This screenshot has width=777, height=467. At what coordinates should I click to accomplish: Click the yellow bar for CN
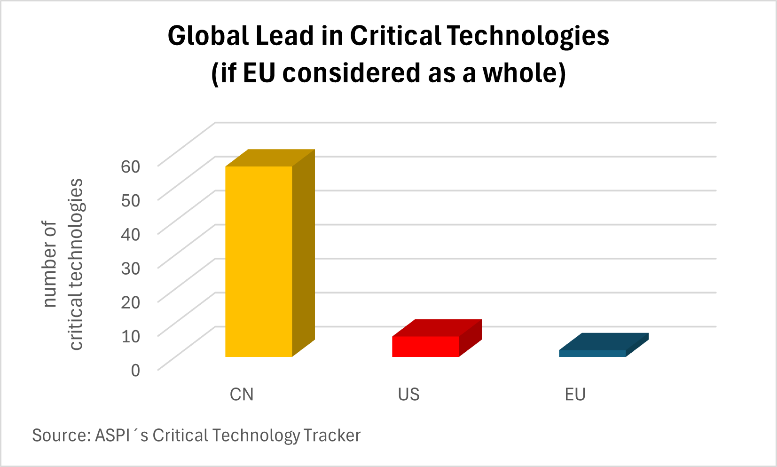click(x=259, y=261)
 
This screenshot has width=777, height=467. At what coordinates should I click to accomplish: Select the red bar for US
click(x=425, y=346)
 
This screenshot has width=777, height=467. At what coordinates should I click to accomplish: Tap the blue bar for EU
click(x=592, y=353)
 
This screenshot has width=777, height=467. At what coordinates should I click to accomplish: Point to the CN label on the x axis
click(x=242, y=395)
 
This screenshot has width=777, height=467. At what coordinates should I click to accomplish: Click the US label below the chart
click(x=408, y=395)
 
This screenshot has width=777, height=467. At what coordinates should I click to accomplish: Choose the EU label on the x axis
click(x=575, y=395)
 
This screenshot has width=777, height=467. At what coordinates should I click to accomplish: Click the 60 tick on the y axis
click(x=131, y=166)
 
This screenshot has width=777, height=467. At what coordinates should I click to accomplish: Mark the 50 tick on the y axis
click(x=131, y=200)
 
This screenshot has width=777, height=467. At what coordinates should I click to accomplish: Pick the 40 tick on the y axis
click(x=131, y=234)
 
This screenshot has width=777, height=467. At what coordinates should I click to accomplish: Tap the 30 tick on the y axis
click(x=131, y=268)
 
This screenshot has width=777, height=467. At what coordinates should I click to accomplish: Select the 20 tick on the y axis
click(x=131, y=302)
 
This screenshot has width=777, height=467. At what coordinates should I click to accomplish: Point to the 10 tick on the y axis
click(x=131, y=336)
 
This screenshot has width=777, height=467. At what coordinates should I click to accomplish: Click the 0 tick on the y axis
click(x=135, y=370)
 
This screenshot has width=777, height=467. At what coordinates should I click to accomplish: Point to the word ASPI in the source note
click(x=112, y=435)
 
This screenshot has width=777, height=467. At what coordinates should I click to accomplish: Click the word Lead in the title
click(x=284, y=36)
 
